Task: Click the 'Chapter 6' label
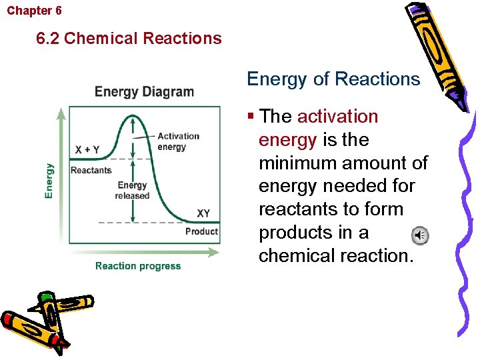[34, 11]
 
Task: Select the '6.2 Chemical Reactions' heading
[129, 38]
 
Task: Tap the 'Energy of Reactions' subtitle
[333, 79]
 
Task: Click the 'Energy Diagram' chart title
[144, 92]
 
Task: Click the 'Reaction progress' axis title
[137, 266]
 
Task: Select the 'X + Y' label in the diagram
[87, 150]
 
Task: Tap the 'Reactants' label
[91, 170]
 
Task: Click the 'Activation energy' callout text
[178, 141]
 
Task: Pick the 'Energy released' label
[132, 191]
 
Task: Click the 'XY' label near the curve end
[203, 213]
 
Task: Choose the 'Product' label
[201, 231]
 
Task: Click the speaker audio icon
[419, 235]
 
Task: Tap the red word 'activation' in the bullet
[337, 117]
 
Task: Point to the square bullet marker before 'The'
[251, 117]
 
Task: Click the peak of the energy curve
[133, 115]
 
